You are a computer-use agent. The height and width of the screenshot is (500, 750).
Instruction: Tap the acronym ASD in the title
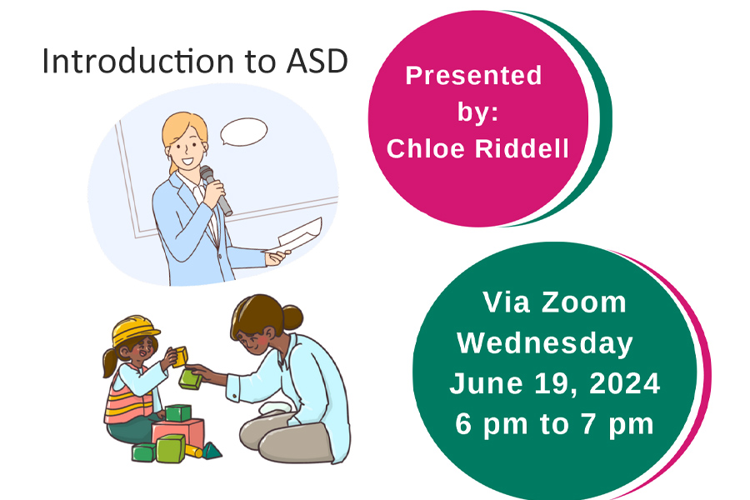317,61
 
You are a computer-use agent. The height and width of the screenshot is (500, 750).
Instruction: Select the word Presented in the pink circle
473,76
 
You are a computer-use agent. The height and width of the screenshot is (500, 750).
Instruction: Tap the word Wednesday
545,344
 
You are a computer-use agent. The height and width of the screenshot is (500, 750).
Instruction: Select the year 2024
625,383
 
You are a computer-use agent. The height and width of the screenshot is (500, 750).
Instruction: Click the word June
486,383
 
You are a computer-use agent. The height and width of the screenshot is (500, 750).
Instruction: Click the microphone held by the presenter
216,190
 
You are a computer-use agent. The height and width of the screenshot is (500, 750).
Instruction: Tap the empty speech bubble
244,132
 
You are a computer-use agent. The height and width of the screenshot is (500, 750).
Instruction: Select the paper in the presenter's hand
297,236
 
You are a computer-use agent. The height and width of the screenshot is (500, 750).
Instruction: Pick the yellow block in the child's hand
180,357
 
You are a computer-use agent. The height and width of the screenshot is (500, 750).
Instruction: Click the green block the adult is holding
190,378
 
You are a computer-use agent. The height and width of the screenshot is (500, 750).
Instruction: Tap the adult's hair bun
292,317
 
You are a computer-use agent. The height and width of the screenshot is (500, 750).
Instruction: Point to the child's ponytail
109,362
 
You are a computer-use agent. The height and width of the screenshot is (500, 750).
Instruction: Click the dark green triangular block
212,451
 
